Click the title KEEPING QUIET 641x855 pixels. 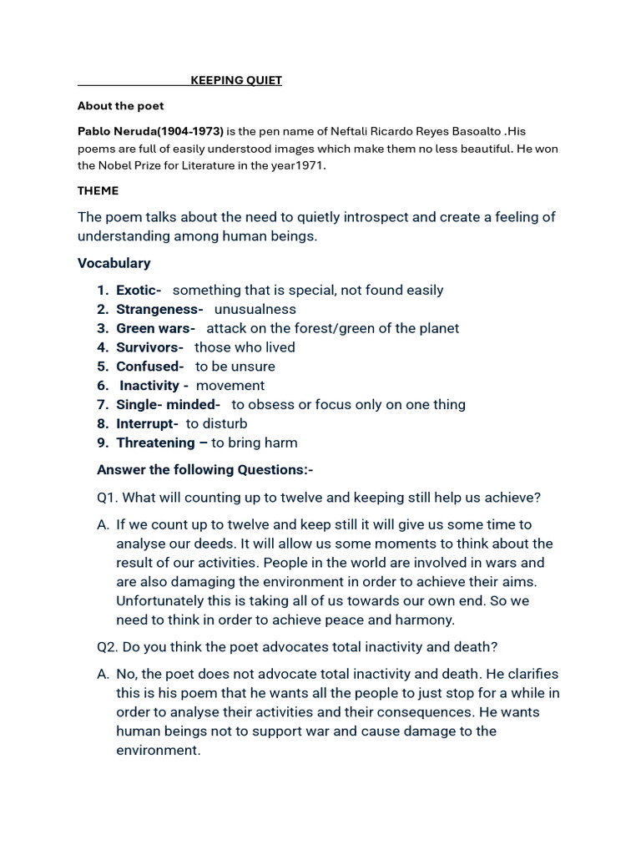click(x=236, y=80)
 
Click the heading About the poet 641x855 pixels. click(x=120, y=106)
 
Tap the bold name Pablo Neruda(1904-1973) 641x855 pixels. click(x=150, y=131)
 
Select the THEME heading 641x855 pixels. click(x=98, y=191)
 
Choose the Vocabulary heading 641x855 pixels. click(x=114, y=263)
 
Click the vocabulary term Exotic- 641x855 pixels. click(x=139, y=290)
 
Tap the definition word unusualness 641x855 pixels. click(x=255, y=309)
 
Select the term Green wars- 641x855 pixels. click(x=155, y=328)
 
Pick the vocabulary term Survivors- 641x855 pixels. click(x=149, y=347)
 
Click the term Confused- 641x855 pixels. click(x=149, y=367)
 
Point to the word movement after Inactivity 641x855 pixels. click(x=230, y=386)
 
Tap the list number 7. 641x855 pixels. click(x=102, y=405)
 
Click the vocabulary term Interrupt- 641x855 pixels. click(x=147, y=423)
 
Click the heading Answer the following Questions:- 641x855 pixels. click(x=205, y=470)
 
